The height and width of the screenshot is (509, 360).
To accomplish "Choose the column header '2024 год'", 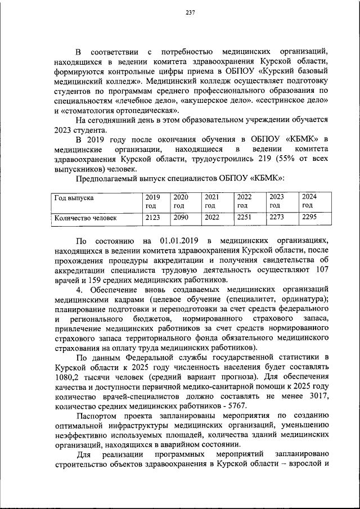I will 310,201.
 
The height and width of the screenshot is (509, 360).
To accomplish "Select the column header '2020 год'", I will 181,201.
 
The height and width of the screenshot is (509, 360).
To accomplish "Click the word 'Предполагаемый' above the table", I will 107,179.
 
